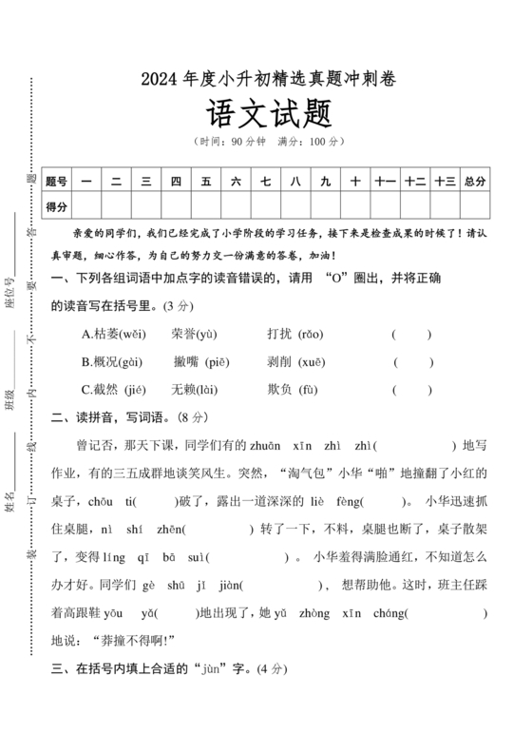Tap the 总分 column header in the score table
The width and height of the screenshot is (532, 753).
pyautogui.click(x=475, y=181)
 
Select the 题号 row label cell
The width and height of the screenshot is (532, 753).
pyautogui.click(x=57, y=181)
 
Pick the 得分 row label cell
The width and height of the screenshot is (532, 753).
pyautogui.click(x=57, y=205)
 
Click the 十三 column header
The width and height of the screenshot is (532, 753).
pyautogui.click(x=445, y=181)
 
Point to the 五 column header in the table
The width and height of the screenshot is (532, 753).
pyautogui.click(x=205, y=181)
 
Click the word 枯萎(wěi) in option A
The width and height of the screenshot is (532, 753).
pyautogui.click(x=115, y=335)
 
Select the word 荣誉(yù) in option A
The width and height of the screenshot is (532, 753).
pyautogui.click(x=195, y=335)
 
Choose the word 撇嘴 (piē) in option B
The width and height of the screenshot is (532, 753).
pyautogui.click(x=200, y=362)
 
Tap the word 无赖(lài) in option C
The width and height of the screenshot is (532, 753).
pyautogui.click(x=195, y=389)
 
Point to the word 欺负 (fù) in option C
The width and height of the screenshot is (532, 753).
pyautogui.click(x=294, y=389)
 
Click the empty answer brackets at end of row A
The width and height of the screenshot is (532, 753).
pyautogui.click(x=411, y=335)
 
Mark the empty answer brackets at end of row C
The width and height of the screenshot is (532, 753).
pyautogui.click(x=411, y=389)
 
